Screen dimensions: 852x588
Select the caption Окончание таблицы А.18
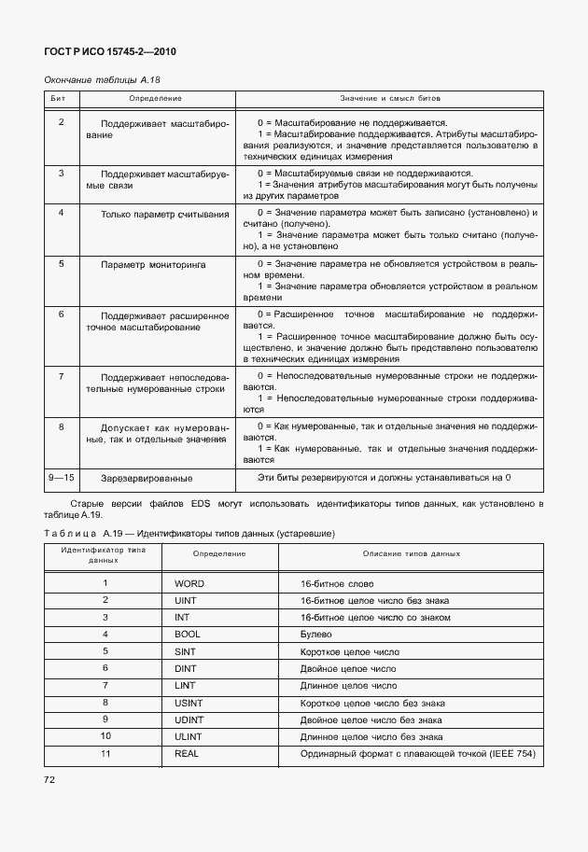click(97, 80)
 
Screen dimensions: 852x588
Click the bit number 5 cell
click(62, 264)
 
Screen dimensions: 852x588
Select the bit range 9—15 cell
click(62, 478)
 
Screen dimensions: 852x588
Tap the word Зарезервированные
click(147, 479)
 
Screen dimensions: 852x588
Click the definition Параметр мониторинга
click(154, 265)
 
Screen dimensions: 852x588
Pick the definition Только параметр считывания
click(164, 214)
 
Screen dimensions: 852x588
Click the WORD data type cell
click(189, 583)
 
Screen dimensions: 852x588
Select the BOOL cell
click(188, 634)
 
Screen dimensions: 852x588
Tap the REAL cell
click(188, 753)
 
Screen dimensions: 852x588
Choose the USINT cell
click(189, 702)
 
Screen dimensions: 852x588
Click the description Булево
click(315, 634)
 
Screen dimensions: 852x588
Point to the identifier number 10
click(105, 736)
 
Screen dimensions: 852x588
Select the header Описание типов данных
click(412, 554)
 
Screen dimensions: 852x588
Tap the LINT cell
click(186, 685)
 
